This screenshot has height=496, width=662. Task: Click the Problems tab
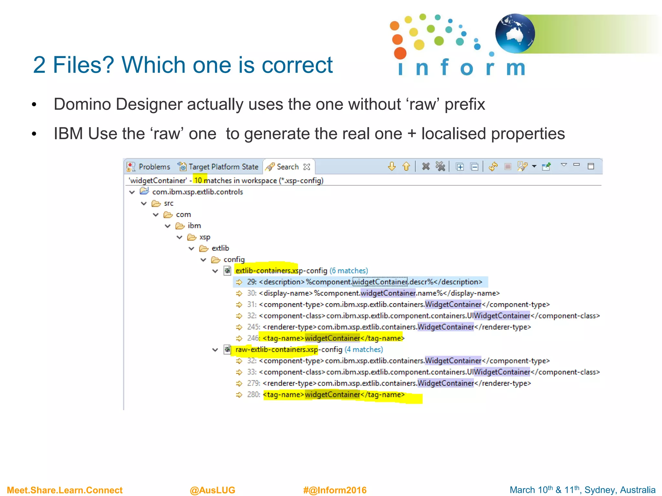[x=154, y=167]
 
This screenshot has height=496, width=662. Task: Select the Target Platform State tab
[x=223, y=167]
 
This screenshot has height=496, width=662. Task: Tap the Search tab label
[x=287, y=167]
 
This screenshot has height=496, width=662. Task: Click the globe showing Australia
[x=515, y=33]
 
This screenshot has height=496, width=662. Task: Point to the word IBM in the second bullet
[x=68, y=134]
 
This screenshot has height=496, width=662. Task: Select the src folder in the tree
[x=168, y=203]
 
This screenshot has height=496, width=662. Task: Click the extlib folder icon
[x=203, y=248]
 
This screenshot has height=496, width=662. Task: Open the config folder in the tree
[x=234, y=260]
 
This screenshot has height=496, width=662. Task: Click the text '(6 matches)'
[x=348, y=271]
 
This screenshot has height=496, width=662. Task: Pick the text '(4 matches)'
[x=364, y=349]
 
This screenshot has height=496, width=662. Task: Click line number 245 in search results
[x=253, y=327]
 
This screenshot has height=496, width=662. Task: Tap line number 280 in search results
[x=253, y=395]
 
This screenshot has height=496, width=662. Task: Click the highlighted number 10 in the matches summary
[x=198, y=181]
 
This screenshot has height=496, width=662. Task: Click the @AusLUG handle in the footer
[x=212, y=490]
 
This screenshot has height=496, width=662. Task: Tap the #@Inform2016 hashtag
[x=335, y=490]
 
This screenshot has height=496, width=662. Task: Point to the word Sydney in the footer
[x=597, y=490]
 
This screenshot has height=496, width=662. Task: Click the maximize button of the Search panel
[x=591, y=166]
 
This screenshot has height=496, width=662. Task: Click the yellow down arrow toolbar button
[x=392, y=166]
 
